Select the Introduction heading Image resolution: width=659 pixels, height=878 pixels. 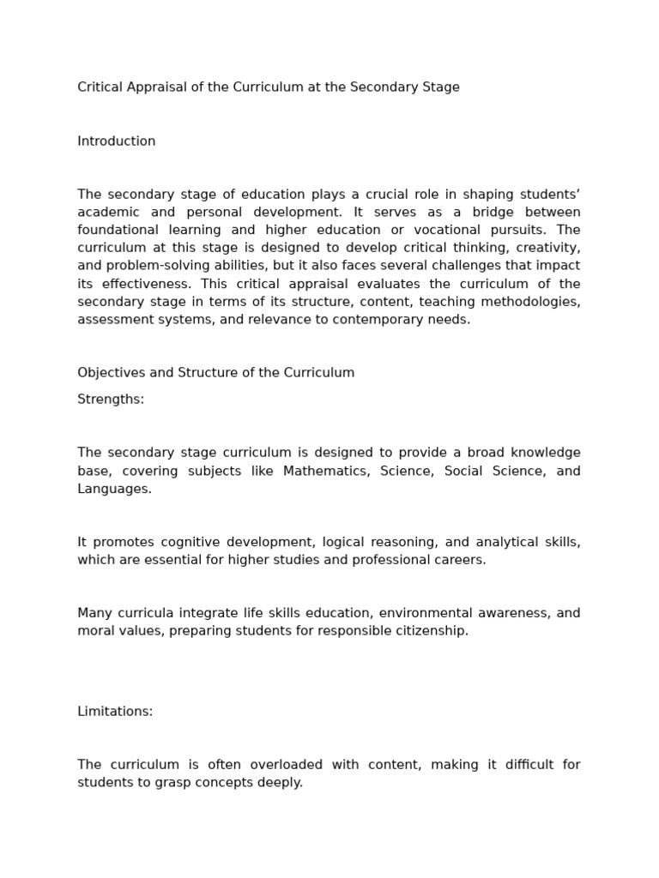coord(117,141)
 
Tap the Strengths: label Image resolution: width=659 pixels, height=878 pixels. coord(111,400)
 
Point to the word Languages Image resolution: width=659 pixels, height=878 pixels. coord(114,489)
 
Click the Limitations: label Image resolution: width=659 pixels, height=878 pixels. coord(115,712)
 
